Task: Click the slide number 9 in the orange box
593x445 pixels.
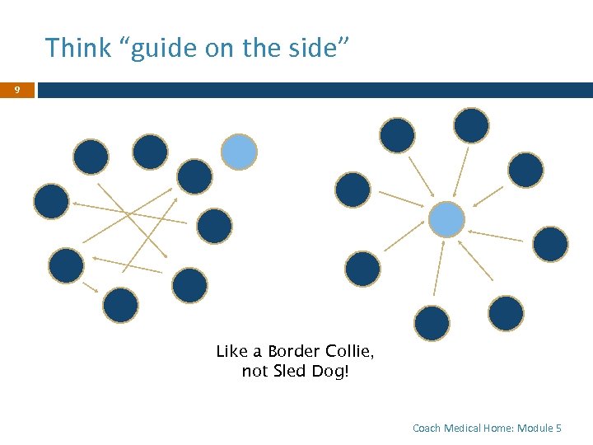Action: tap(16, 90)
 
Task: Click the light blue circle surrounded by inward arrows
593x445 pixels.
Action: tap(446, 219)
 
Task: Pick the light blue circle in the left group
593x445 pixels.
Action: tap(239, 152)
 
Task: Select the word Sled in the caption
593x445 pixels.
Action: tap(288, 372)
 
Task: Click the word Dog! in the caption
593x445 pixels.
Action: tap(331, 372)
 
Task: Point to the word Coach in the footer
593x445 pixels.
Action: tap(427, 428)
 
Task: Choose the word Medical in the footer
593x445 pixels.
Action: tap(464, 428)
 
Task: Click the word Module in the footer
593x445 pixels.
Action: tap(535, 428)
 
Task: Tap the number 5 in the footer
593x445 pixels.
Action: tap(559, 428)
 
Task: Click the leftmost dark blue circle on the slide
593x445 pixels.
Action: tap(51, 201)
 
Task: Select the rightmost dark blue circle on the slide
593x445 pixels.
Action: tap(550, 244)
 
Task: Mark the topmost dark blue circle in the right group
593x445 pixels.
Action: tap(471, 125)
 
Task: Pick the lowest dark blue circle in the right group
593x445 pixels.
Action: tap(432, 323)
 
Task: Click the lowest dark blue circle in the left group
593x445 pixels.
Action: tap(120, 304)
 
